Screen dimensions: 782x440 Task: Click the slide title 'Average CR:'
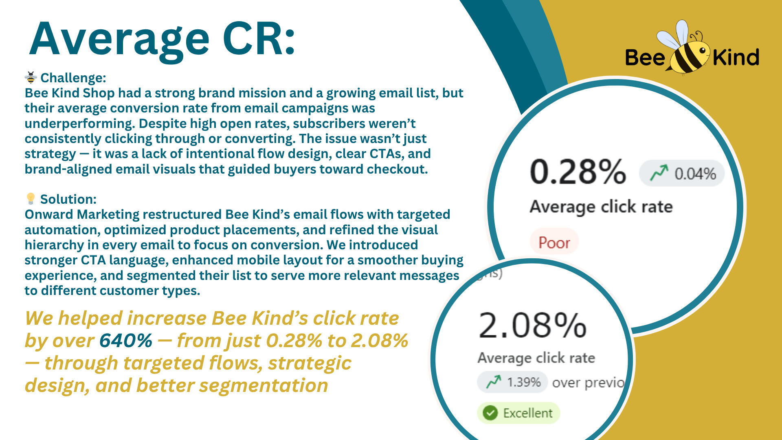[162, 40]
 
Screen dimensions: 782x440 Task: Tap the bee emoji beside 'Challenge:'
[31, 77]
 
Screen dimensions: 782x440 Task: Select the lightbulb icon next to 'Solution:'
[31, 198]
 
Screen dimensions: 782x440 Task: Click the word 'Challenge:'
[73, 77]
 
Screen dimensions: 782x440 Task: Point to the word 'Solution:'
[68, 199]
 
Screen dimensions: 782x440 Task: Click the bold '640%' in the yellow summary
[126, 340]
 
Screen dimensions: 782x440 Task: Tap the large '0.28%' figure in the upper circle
[578, 172]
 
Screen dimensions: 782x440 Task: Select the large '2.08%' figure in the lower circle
[532, 325]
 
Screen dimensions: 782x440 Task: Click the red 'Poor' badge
[554, 242]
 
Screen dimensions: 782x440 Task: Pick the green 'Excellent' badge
[518, 413]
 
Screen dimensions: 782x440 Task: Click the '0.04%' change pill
[682, 174]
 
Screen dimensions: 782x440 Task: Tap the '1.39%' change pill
[512, 382]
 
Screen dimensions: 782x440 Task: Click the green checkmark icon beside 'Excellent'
[490, 413]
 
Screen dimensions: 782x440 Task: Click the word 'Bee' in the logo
[645, 57]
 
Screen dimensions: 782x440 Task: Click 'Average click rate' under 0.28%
[601, 207]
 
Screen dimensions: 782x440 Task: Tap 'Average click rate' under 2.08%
[536, 358]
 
